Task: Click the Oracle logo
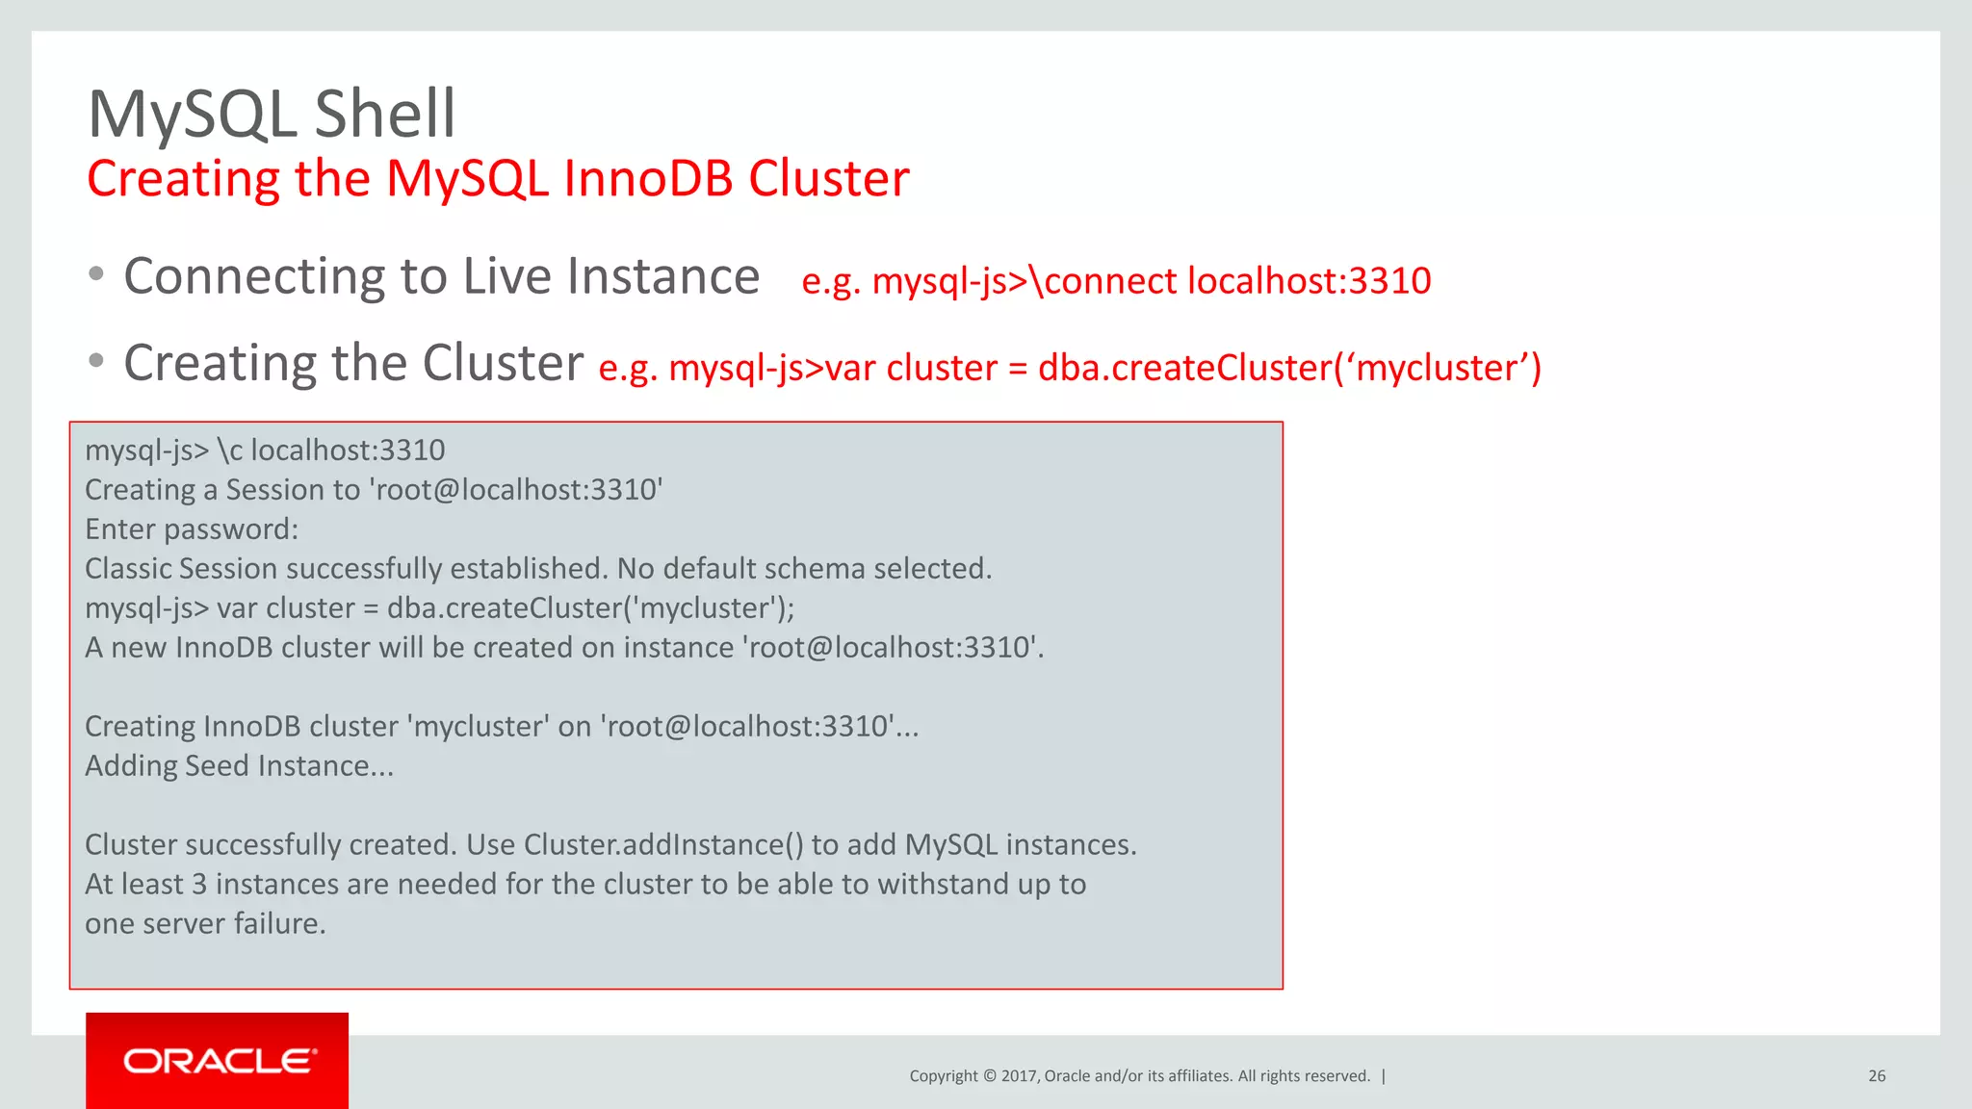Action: pos(219,1061)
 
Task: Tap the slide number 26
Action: pos(1877,1076)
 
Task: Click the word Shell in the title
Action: pos(384,115)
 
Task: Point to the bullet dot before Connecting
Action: pos(96,274)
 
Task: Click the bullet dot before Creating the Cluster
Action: pos(96,361)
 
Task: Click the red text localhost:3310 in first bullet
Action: pos(1309,281)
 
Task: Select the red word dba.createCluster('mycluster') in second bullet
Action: pos(1289,368)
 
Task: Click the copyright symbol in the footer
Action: pos(989,1076)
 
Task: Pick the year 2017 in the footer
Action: pos(1019,1076)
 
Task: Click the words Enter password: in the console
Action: pos(192,529)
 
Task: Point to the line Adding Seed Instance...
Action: pos(239,766)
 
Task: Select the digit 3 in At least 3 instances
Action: pos(199,885)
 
